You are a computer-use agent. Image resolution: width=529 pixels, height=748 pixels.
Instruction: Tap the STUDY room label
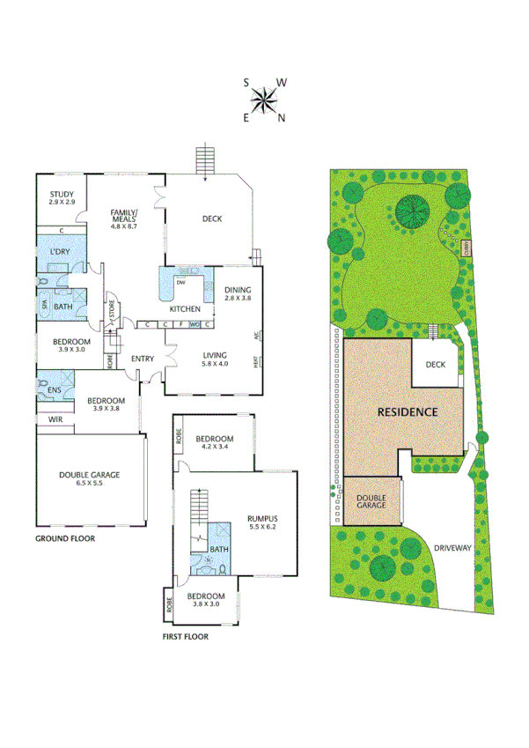pyautogui.click(x=62, y=195)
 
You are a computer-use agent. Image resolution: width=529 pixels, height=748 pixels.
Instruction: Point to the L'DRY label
pyautogui.click(x=60, y=253)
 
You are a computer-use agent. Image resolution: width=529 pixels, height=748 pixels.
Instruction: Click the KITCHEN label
pyautogui.click(x=186, y=309)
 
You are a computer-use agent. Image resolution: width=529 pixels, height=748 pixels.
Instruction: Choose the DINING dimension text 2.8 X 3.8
pyautogui.click(x=238, y=300)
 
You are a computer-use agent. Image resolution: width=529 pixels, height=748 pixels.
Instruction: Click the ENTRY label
pyautogui.click(x=143, y=359)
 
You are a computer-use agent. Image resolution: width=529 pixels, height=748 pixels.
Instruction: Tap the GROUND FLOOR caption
pyautogui.click(x=64, y=538)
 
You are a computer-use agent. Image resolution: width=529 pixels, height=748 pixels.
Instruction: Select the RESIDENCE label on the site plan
pyautogui.click(x=408, y=411)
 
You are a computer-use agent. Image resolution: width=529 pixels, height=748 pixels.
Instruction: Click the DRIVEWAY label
pyautogui.click(x=453, y=547)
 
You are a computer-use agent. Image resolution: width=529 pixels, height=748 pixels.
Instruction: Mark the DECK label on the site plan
pyautogui.click(x=436, y=365)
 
